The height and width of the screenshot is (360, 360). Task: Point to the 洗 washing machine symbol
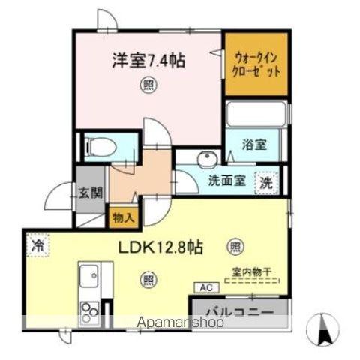pyautogui.click(x=265, y=181)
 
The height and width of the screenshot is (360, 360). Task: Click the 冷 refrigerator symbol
pyautogui.click(x=36, y=244)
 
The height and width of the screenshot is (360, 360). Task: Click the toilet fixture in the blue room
pyautogui.click(x=98, y=147)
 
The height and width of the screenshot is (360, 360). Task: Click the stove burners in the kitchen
pyautogui.click(x=89, y=310)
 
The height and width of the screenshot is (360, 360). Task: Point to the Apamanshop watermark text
pyautogui.click(x=180, y=324)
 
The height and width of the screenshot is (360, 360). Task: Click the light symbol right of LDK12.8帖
pyautogui.click(x=235, y=245)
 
